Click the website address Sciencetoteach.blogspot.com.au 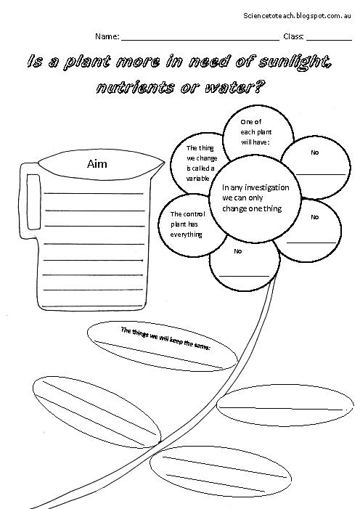pyautogui.click(x=297, y=15)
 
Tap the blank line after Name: pyautogui.click(x=200, y=40)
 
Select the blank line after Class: pyautogui.click(x=330, y=40)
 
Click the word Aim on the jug pyautogui.click(x=97, y=164)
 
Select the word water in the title pyautogui.click(x=230, y=87)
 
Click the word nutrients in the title pyautogui.click(x=135, y=87)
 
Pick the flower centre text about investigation pyautogui.click(x=255, y=198)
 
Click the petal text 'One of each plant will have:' pyautogui.click(x=255, y=132)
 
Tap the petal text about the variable pyautogui.click(x=202, y=163)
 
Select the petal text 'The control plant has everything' pyautogui.click(x=188, y=224)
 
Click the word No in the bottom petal pyautogui.click(x=238, y=251)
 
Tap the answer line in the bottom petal pyautogui.click(x=244, y=276)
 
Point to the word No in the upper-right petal pyautogui.click(x=314, y=152)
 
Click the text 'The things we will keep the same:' pyautogui.click(x=165, y=338)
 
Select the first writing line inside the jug pyautogui.click(x=94, y=193)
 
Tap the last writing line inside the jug pyautogui.click(x=93, y=306)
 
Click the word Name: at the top pyautogui.click(x=107, y=36)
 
